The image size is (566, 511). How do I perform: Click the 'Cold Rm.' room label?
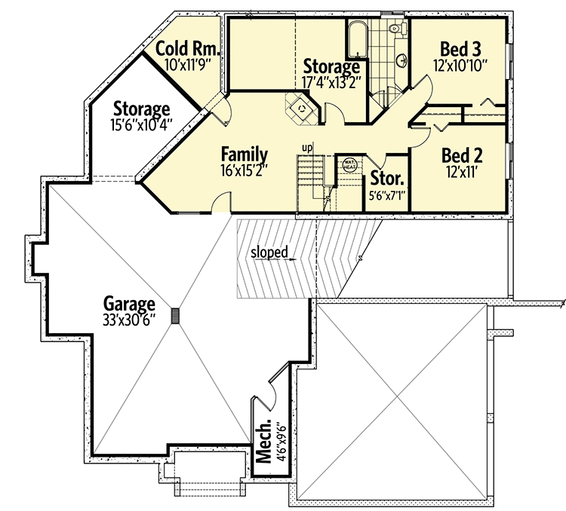(x=188, y=50)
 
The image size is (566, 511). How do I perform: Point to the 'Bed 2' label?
(x=462, y=155)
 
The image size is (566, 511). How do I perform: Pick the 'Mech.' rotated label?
(x=265, y=445)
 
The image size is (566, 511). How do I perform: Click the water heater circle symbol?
(x=349, y=164)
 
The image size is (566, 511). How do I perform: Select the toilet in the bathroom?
(x=395, y=29)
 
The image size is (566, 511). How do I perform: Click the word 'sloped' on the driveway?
(x=271, y=252)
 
